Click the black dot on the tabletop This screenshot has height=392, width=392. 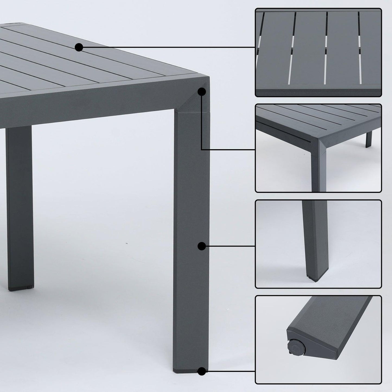pos(79,47)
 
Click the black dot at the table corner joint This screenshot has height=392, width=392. pos(201,92)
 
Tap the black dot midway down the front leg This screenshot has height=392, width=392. pos(201,246)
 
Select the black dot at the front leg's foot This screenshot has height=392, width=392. pos(201,371)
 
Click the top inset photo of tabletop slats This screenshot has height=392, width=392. pos(318,52)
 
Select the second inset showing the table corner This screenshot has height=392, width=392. pos(318,148)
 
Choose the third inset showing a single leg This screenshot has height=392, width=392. pos(318,244)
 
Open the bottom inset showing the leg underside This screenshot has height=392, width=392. pos(318,340)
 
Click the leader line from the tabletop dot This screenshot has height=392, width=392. pos(168,47)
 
